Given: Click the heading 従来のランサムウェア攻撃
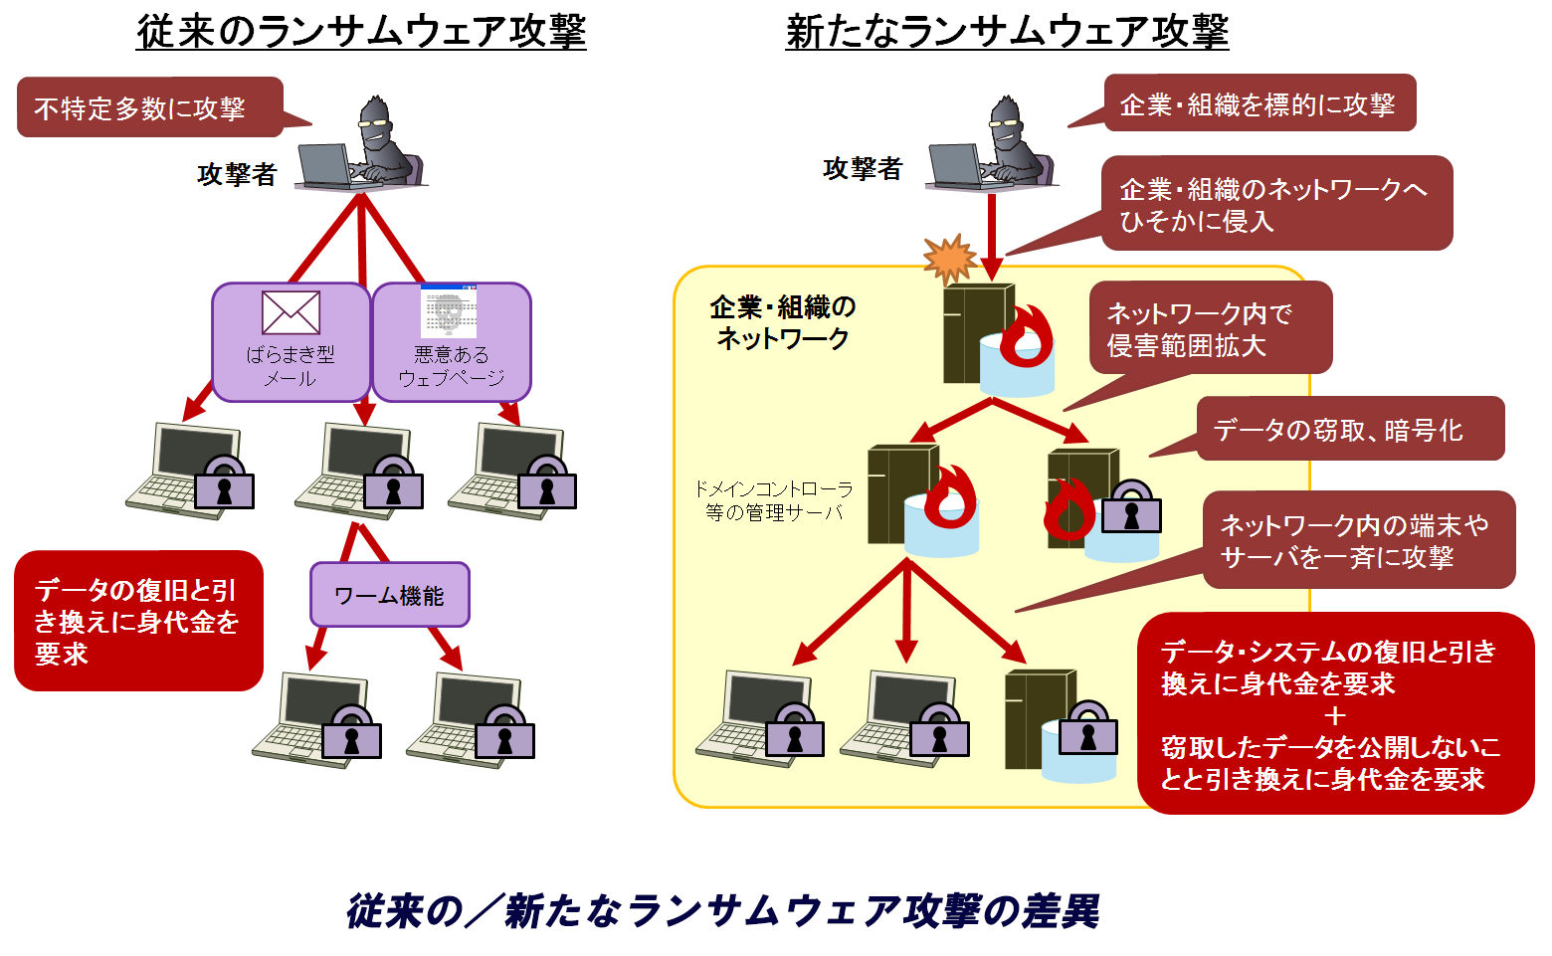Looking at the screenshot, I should [x=361, y=31].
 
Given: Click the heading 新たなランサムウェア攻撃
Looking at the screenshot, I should [x=1007, y=31].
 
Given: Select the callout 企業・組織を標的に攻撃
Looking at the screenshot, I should [x=1260, y=103].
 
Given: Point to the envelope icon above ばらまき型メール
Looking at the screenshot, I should [x=291, y=312].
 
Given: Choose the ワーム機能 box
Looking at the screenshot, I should [x=389, y=595].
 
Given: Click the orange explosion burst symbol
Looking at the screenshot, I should [x=950, y=259].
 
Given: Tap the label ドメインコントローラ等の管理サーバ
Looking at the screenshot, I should [x=773, y=500].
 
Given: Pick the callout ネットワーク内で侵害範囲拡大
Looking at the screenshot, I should [x=1210, y=328].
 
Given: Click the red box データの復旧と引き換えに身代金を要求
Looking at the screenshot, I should [x=138, y=621].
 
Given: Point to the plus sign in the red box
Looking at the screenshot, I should [x=1335, y=715].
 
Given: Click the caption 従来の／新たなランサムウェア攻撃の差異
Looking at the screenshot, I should [x=723, y=910].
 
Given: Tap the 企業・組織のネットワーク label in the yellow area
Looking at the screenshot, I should [x=783, y=322].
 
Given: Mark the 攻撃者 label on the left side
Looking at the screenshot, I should [x=237, y=174].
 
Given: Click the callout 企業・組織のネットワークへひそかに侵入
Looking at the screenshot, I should [x=1275, y=204].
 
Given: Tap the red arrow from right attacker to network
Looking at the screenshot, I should [x=992, y=235].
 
